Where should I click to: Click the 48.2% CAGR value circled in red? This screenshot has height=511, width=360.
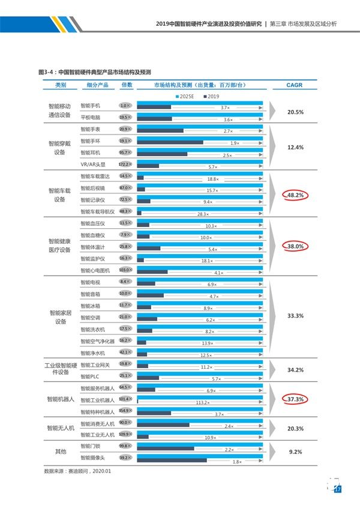pyautogui.click(x=295, y=195)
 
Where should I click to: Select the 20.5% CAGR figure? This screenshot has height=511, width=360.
pyautogui.click(x=295, y=112)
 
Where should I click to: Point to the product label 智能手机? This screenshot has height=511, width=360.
pyautogui.click(x=90, y=106)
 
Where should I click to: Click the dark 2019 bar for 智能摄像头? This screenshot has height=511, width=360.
pyautogui.click(x=172, y=461)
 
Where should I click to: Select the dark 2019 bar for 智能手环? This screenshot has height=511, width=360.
pyautogui.click(x=170, y=143)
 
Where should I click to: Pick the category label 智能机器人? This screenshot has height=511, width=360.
pyautogui.click(x=61, y=399)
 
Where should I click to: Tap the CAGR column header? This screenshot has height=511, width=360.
pyautogui.click(x=295, y=85)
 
